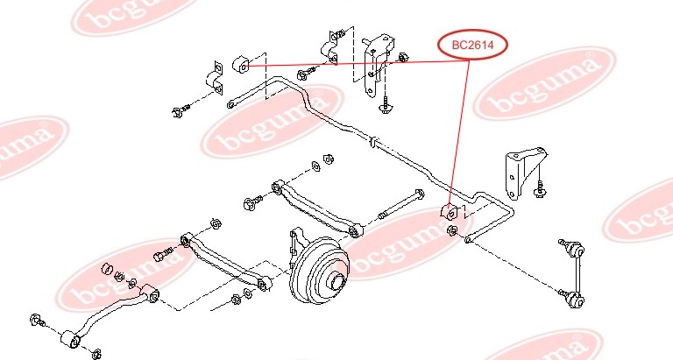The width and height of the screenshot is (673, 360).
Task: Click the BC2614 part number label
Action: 473,46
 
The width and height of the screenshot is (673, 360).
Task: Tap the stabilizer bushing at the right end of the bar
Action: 449,214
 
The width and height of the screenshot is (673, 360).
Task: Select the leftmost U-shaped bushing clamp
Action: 216,78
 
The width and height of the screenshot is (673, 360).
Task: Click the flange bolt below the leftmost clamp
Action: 178,109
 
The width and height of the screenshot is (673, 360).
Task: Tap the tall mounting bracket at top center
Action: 379,61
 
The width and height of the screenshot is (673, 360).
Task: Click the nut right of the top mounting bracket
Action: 402,59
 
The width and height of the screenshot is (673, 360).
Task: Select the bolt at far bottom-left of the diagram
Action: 38,320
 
